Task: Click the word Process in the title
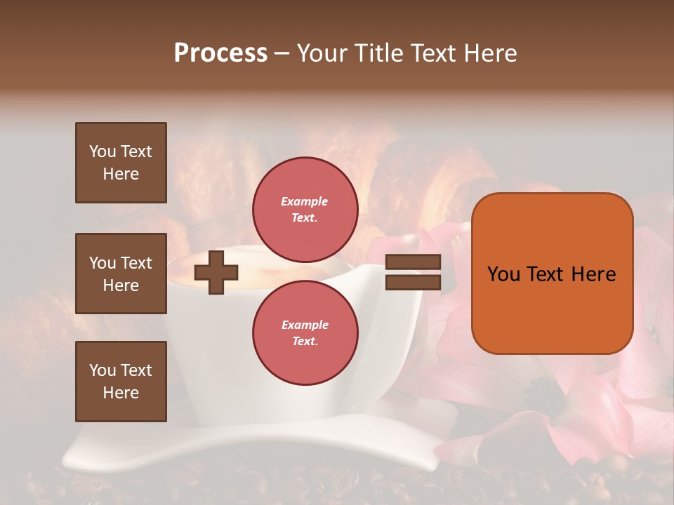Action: pos(220,53)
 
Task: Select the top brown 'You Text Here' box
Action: pos(121,163)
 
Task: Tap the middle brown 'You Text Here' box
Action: pos(121,274)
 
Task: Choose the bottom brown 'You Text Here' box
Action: pos(121,381)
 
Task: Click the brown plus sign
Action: pos(216,273)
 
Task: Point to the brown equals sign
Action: pos(413,272)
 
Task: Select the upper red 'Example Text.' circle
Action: pos(305,209)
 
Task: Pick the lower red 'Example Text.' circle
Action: pos(305,332)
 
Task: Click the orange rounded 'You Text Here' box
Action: pos(552,274)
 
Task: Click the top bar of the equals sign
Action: pos(413,262)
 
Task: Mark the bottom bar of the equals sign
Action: pos(413,282)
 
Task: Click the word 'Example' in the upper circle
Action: pos(305,201)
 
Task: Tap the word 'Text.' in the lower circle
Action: pos(305,341)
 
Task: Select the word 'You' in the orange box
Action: pos(503,274)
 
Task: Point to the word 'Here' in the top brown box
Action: pos(121,174)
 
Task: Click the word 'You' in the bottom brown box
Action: pos(103,370)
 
